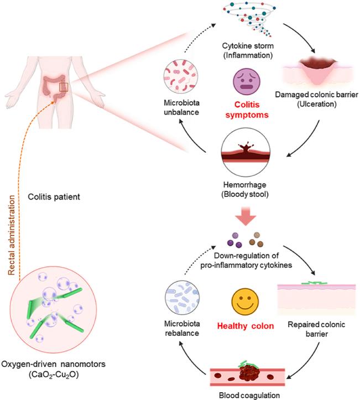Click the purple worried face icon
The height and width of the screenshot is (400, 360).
(247, 82)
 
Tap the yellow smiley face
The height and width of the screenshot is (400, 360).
(245, 302)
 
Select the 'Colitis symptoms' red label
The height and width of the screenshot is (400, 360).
(247, 110)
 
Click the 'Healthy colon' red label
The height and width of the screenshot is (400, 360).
(246, 326)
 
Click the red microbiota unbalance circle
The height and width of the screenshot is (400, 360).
(181, 76)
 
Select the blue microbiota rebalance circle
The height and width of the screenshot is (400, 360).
(182, 298)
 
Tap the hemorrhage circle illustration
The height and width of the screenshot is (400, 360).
(246, 153)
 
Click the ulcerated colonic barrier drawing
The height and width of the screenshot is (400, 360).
(317, 72)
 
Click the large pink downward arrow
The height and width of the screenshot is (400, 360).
(246, 216)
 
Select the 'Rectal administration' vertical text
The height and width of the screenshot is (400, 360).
(12, 235)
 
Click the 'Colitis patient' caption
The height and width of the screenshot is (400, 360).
(54, 197)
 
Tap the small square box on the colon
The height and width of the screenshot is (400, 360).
(64, 87)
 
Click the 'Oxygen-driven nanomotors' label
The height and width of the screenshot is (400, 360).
(53, 364)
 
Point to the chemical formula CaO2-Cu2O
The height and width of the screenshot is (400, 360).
(54, 375)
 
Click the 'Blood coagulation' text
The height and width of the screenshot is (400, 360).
(249, 396)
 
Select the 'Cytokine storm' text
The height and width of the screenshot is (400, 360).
(248, 46)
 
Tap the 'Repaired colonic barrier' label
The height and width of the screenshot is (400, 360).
(316, 329)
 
